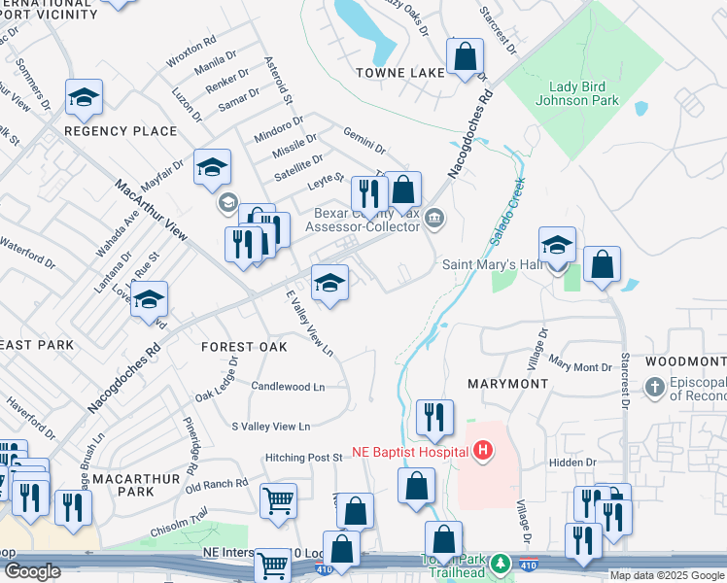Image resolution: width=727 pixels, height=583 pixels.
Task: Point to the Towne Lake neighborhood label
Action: point(399,72)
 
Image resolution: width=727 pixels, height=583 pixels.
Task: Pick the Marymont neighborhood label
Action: point(508,384)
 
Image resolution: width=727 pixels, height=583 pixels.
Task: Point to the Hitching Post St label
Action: point(304,457)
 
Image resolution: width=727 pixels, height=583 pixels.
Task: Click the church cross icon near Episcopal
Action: point(655,389)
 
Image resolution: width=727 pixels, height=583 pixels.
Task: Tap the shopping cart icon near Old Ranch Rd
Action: point(278,501)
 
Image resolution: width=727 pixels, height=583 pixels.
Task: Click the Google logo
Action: point(31,572)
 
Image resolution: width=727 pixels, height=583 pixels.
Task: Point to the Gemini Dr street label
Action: point(363,141)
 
